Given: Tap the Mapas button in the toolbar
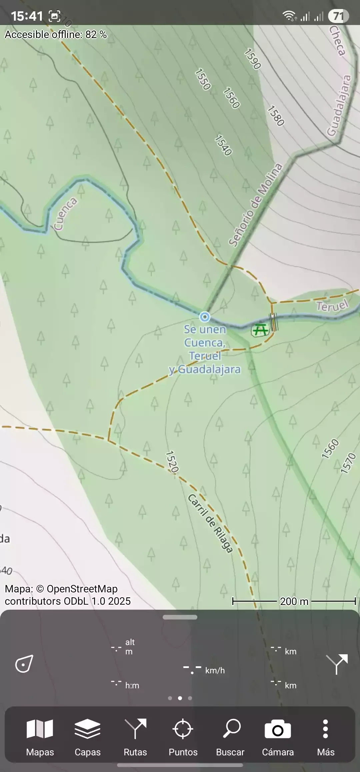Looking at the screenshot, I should tap(40, 737).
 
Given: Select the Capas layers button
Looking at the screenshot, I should tap(87, 737).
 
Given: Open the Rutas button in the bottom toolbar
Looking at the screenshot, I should tap(135, 737).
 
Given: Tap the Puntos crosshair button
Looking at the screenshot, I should tap(183, 737).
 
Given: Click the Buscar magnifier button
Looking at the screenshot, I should tap(230, 737).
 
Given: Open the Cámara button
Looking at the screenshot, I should tap(278, 737).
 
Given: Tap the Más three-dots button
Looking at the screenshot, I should tap(326, 737).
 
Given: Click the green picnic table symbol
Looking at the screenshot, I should tap(260, 330).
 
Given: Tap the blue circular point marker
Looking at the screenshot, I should tap(205, 317).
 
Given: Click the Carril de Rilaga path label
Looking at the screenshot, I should tap(210, 523).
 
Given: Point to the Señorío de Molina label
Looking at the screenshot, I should tap(255, 205).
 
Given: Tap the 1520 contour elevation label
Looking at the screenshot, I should tap(172, 462).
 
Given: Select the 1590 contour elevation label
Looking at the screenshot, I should tap(252, 59).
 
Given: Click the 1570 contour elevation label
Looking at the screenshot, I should tap(348, 463).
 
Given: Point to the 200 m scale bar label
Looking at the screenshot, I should tap(294, 601).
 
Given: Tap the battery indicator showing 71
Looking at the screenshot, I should tap(338, 16).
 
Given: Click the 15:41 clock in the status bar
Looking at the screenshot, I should tap(27, 16).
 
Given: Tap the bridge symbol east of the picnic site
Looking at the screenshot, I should tap(274, 322).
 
